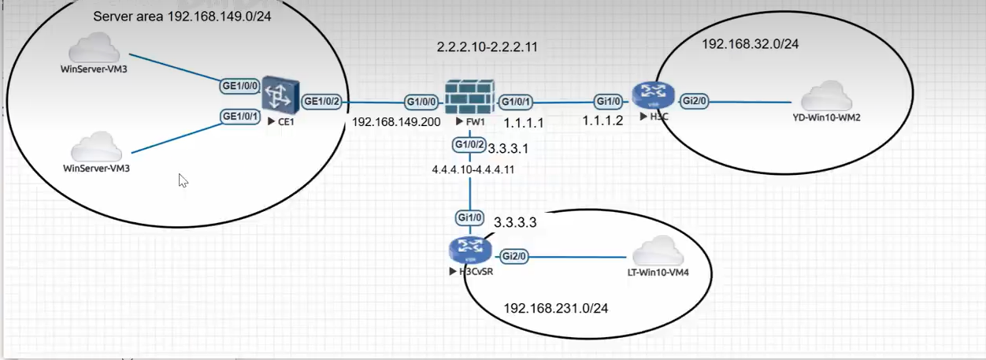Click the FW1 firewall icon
point(469,98)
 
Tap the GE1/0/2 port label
point(321,101)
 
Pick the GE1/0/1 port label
point(240,117)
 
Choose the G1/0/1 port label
point(517,102)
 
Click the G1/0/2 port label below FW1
point(469,145)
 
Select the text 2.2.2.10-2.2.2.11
point(487,47)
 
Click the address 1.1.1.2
point(602,121)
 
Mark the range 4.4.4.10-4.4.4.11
point(473,169)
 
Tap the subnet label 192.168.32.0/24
point(750,44)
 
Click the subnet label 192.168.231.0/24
point(555,308)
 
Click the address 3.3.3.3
point(515,223)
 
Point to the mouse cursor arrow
point(183,180)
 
